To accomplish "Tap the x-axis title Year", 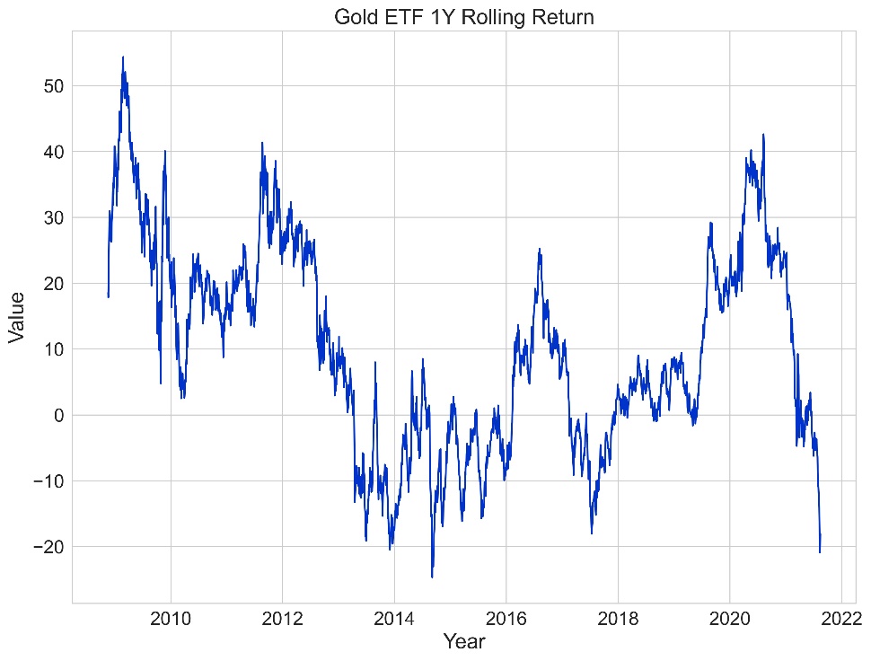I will pyautogui.click(x=464, y=641).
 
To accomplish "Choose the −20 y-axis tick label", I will pyautogui.click(x=46, y=547).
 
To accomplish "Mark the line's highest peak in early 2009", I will pyautogui.click(x=123, y=57).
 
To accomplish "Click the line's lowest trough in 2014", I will pyautogui.click(x=432, y=577).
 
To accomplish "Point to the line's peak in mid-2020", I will pyautogui.click(x=763, y=135).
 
